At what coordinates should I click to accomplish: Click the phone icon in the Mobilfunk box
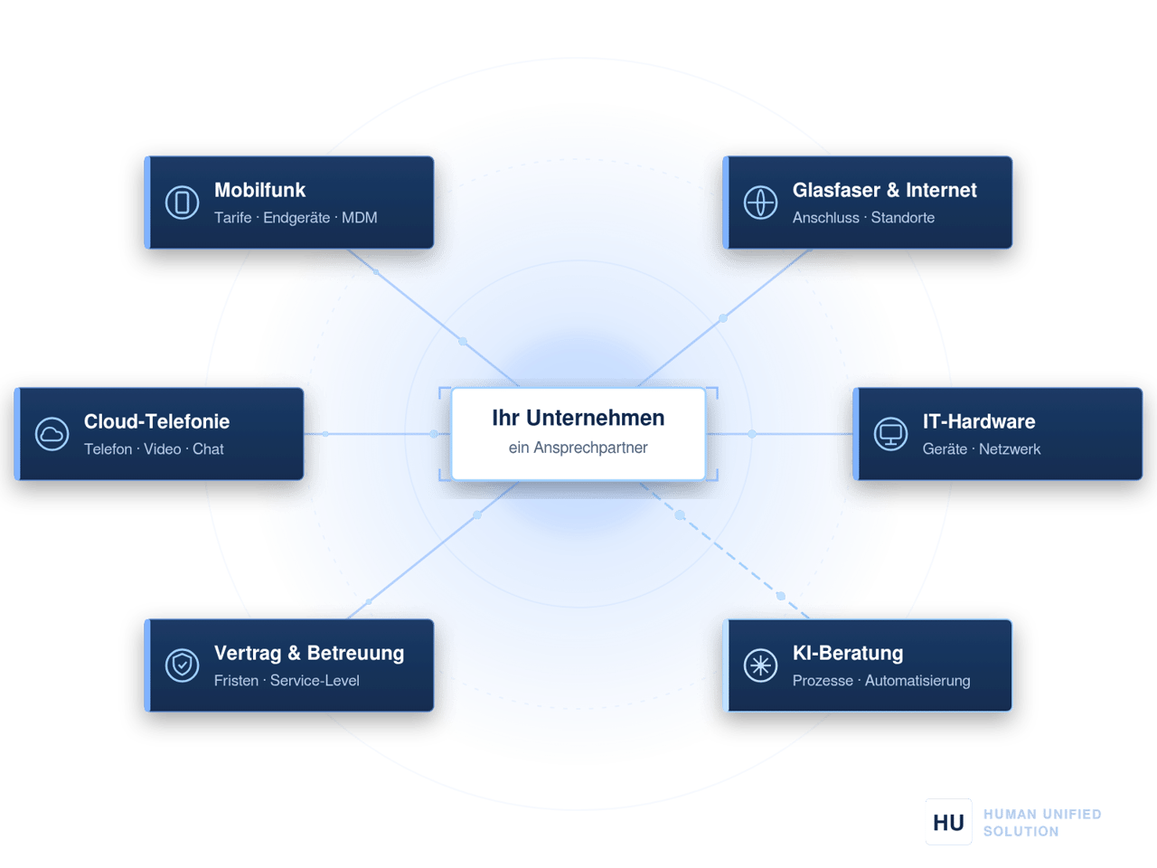tap(182, 203)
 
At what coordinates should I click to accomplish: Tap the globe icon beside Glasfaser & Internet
tap(760, 203)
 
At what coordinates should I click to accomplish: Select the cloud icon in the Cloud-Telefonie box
tap(52, 434)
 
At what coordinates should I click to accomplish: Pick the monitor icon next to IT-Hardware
tap(890, 434)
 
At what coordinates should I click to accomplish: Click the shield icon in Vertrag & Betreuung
tap(182, 665)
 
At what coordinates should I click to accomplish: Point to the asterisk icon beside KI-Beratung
tap(760, 665)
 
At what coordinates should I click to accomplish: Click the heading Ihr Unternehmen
tap(578, 418)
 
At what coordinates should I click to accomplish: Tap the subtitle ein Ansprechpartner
tap(578, 448)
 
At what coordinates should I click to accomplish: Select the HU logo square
tap(948, 822)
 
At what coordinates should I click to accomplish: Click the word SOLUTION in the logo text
tap(1021, 832)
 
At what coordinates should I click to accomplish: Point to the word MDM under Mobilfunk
tap(360, 218)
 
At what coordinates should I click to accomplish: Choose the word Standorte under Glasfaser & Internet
tap(902, 218)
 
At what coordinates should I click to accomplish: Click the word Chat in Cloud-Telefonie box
tap(208, 449)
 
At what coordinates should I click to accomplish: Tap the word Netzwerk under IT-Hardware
tap(1010, 449)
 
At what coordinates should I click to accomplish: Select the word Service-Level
tap(315, 680)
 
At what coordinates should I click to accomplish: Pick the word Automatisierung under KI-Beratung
tap(917, 680)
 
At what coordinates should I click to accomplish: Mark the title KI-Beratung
tap(848, 653)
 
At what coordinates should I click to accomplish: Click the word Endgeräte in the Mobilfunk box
tap(296, 218)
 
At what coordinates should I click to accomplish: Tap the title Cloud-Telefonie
tap(156, 421)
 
